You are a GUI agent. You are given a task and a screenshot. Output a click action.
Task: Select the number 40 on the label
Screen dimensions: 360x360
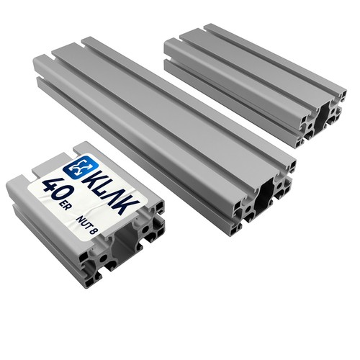[55, 190]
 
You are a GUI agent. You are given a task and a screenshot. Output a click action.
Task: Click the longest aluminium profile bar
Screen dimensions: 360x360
[164, 135]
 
